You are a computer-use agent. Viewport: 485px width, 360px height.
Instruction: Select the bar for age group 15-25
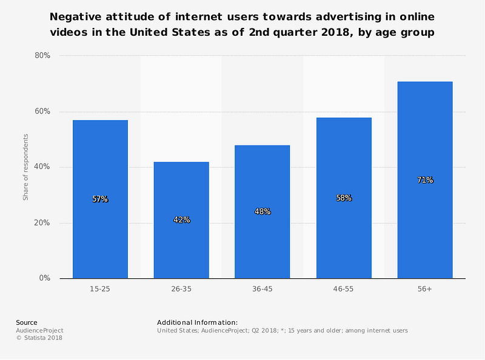coord(100,199)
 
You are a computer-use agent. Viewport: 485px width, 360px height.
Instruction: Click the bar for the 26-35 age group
coord(181,220)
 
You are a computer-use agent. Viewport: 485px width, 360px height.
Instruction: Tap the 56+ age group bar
coord(425,180)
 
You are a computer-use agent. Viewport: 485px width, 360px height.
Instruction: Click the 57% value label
coord(100,199)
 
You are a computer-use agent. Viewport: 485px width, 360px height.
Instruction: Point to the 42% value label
coord(181,219)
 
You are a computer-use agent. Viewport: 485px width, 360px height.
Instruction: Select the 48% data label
coord(263,212)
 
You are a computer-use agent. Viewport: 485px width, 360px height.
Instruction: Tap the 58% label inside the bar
coord(344,198)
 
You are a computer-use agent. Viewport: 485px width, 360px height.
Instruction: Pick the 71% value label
coord(426,179)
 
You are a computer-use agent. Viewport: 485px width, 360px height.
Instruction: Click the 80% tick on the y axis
coord(42,55)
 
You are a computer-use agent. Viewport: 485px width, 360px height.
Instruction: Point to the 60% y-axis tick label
coord(42,112)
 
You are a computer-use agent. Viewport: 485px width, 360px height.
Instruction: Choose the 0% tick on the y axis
coord(45,278)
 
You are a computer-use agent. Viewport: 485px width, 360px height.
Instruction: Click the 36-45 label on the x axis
coord(263,289)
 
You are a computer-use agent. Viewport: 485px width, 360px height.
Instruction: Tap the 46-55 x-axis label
coord(343,289)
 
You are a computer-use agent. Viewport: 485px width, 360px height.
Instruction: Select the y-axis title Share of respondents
coord(25,167)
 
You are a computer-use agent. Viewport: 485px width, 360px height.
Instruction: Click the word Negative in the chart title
coord(75,17)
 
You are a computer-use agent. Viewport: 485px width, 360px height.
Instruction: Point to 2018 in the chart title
coord(337,32)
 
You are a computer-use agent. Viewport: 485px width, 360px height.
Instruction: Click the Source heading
coord(27,322)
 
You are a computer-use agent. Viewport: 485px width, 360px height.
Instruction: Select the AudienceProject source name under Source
coord(39,331)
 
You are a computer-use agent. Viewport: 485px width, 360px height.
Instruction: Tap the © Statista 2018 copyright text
coord(39,338)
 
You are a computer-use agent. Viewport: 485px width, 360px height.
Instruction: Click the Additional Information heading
coord(198,322)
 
